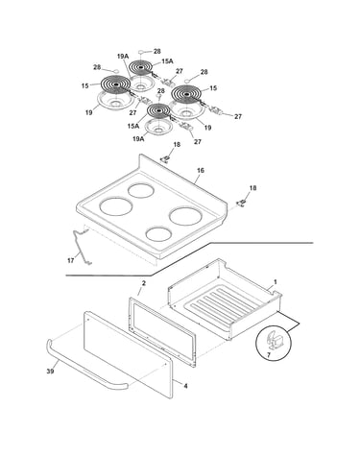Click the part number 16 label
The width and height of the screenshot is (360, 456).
tap(201, 171)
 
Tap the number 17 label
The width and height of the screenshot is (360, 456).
tap(71, 260)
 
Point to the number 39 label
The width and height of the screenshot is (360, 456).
tap(50, 371)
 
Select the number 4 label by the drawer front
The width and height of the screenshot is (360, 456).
tap(185, 386)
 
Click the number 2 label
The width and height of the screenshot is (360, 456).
tap(144, 283)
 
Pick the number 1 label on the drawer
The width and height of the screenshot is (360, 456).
tap(276, 282)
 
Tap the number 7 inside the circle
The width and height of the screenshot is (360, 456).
tap(269, 354)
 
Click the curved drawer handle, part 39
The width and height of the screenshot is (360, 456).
tap(84, 371)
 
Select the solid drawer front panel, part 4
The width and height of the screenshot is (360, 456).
tap(128, 355)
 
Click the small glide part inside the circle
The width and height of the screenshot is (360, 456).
tap(274, 342)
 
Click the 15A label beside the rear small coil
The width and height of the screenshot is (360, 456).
tap(167, 61)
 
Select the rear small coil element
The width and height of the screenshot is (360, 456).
tap(140, 68)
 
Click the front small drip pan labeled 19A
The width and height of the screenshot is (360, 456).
tap(158, 126)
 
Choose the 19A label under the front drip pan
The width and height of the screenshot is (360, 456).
tap(138, 138)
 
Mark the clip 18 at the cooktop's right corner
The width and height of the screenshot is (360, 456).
tap(242, 203)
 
